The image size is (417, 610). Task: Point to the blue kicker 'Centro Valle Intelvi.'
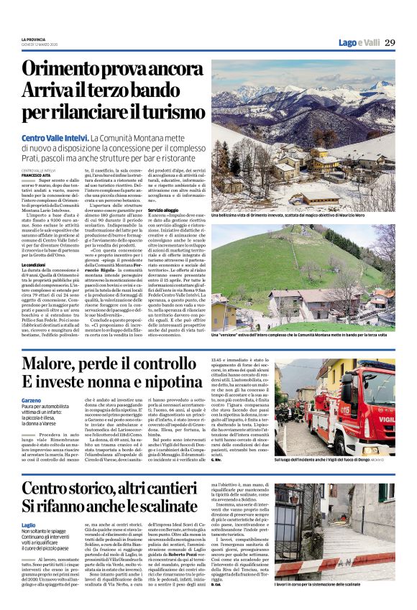click(55, 137)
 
